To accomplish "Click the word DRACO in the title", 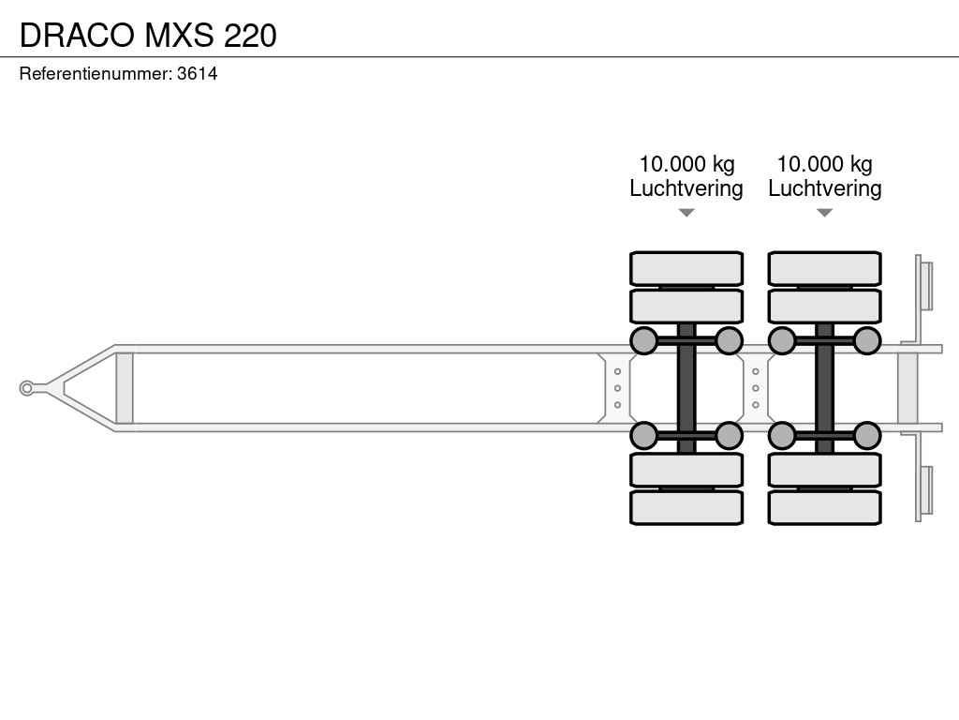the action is click(x=78, y=35).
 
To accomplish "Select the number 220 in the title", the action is click(x=250, y=35).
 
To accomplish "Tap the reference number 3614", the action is click(x=197, y=73).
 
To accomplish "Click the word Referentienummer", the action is click(x=95, y=73).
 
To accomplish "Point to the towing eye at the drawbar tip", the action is click(x=26, y=388).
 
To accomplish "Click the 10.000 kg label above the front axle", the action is click(x=686, y=164).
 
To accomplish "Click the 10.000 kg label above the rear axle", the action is click(x=824, y=164).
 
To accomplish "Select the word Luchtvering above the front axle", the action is click(x=686, y=187).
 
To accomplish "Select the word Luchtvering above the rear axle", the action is click(x=824, y=187).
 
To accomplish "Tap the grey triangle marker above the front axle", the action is click(x=686, y=213).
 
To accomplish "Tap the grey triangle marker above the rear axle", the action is click(x=824, y=213).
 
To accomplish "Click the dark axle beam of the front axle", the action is click(x=686, y=388).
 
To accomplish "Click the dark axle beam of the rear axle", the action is click(x=824, y=388).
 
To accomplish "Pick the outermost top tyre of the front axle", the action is click(x=686, y=268).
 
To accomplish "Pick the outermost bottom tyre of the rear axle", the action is click(x=824, y=507).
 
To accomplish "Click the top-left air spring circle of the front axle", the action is click(x=644, y=340).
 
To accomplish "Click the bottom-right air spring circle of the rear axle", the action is click(x=866, y=436).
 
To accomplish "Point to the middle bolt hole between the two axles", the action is click(x=756, y=388).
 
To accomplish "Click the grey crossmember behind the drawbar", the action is click(x=125, y=388).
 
